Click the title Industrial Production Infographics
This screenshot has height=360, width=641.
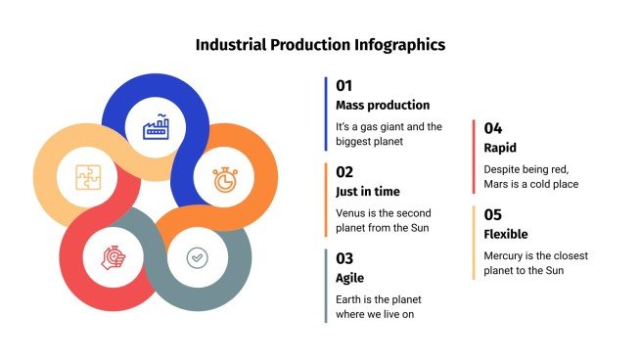(x=320, y=45)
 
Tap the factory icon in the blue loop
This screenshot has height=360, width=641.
(x=157, y=127)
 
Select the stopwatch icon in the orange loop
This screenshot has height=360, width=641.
(x=224, y=180)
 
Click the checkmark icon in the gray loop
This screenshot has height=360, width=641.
(x=198, y=257)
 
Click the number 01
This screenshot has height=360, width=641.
(x=343, y=85)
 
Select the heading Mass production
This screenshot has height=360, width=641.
(x=382, y=105)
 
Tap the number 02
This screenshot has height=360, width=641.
(x=344, y=171)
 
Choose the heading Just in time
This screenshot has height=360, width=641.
(x=367, y=191)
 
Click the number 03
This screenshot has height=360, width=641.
(x=344, y=258)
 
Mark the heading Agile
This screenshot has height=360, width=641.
(x=351, y=278)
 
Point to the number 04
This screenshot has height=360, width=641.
(x=493, y=128)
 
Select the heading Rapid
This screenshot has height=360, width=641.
(x=500, y=148)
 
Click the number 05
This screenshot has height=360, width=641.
(x=493, y=214)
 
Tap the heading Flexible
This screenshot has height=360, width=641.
(x=506, y=234)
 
